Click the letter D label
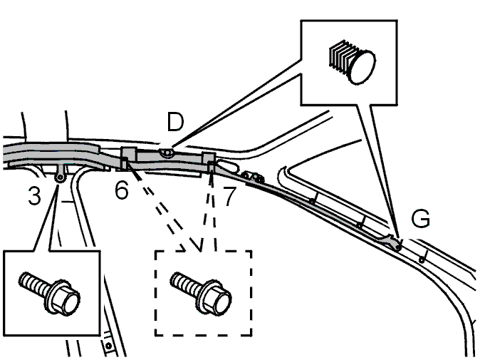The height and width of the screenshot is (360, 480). coord(174,123)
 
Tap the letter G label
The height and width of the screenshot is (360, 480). coord(421,220)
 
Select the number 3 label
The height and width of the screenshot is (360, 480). coord(35,196)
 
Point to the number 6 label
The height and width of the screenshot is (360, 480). coord(122,191)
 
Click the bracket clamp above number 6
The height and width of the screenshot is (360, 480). coord(129,157)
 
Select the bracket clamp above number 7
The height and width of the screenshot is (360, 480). coord(209,160)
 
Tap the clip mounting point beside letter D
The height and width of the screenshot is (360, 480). coord(166,152)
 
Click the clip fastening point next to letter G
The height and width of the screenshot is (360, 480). coord(396,245)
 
